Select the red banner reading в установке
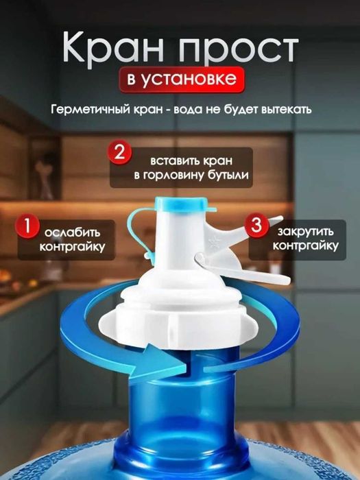(x=181, y=79)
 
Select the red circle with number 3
(x=256, y=224)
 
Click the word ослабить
(x=71, y=228)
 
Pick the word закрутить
(x=304, y=228)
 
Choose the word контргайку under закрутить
(x=304, y=245)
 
